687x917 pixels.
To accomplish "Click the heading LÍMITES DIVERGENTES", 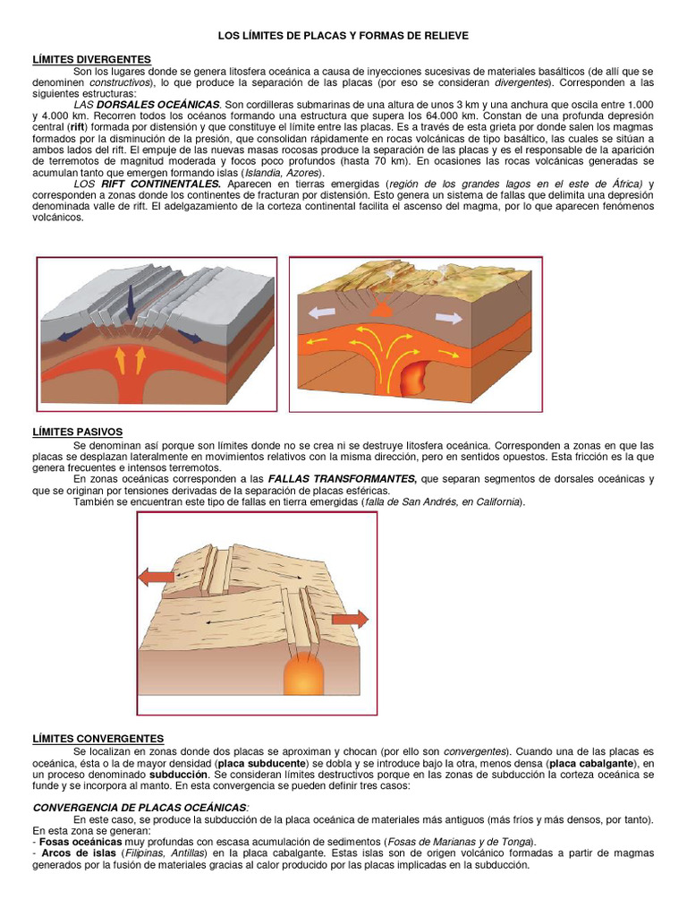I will (91, 59).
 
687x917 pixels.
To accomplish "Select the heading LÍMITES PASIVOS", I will (77, 432).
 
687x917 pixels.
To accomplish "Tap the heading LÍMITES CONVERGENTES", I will (98, 737).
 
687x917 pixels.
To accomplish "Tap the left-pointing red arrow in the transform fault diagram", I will (157, 578).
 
